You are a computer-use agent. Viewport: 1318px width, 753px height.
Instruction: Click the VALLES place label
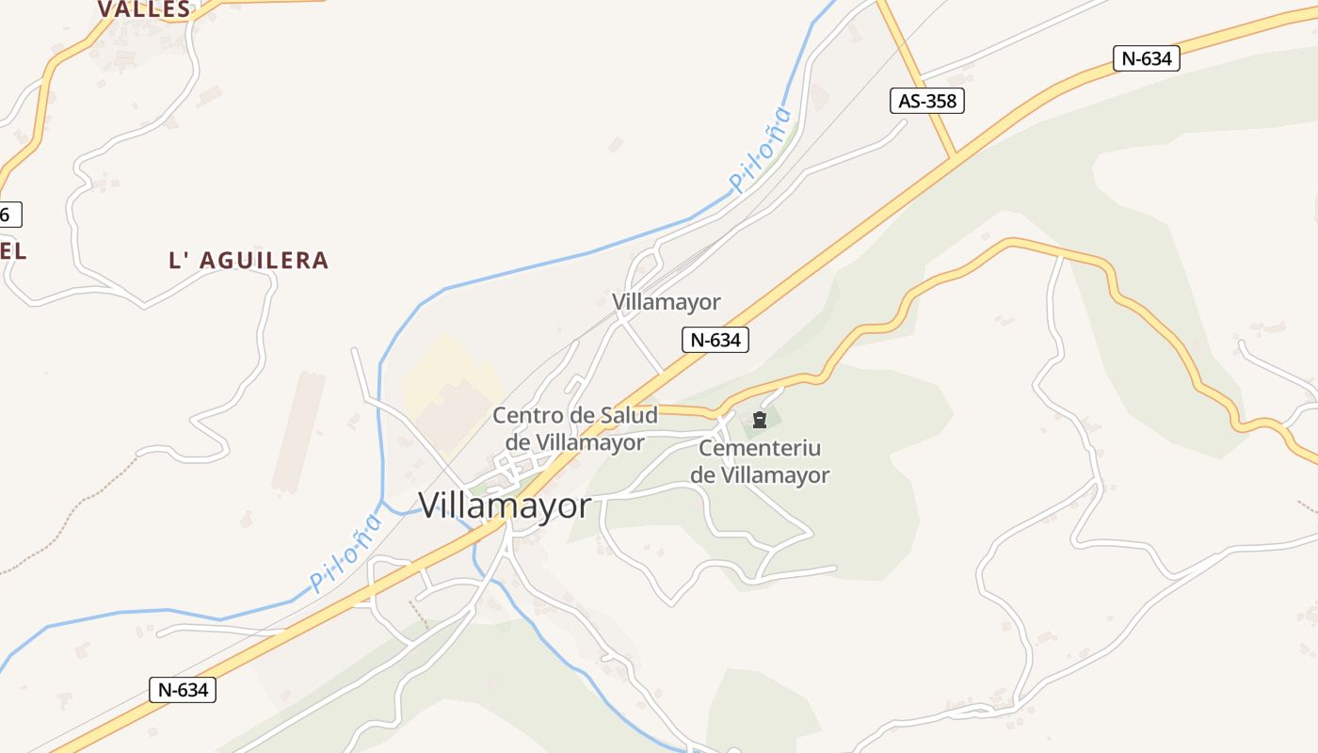point(144,9)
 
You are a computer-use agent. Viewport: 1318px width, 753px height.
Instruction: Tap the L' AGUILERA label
point(249,261)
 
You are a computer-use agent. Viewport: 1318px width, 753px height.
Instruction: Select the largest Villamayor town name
point(505,506)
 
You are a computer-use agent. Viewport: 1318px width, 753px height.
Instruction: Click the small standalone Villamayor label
point(666,302)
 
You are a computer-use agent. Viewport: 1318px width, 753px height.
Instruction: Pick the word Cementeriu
point(761,448)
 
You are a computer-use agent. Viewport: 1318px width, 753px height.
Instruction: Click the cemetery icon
point(760,420)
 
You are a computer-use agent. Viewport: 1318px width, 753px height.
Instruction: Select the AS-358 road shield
point(927,100)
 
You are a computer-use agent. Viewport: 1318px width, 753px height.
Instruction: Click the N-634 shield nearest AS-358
point(1146,58)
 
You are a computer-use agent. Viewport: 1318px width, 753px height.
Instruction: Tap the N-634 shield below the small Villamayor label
point(715,340)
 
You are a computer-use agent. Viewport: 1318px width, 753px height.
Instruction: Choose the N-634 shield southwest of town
point(183,690)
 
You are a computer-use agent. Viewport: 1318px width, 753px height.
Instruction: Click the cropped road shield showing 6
point(8,215)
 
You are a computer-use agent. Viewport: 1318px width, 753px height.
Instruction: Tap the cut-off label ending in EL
point(12,251)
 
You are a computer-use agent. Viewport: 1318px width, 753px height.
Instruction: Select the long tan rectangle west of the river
point(298,432)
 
